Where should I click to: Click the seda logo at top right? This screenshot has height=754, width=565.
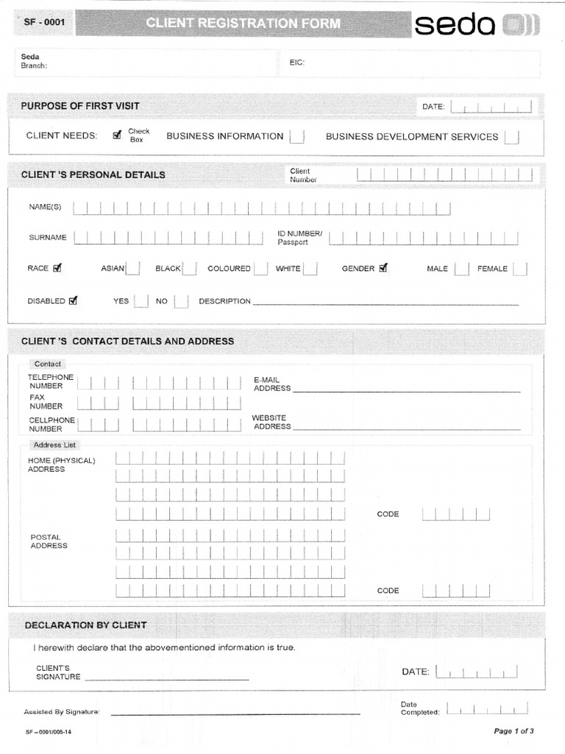477,26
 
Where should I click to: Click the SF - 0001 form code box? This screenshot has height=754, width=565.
45,22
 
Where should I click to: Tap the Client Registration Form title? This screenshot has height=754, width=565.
243,24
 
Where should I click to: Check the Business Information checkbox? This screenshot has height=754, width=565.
296,137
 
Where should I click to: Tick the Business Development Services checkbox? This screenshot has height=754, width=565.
511,137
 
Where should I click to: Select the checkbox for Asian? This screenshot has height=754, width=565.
133,269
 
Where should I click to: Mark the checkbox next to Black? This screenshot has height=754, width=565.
189,269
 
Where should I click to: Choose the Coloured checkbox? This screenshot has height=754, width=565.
260,269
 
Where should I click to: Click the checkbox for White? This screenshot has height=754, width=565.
310,269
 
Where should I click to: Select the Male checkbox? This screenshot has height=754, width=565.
461,269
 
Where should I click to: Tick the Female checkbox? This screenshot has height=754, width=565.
520,269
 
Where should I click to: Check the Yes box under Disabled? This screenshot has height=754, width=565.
141,301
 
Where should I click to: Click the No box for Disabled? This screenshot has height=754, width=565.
181,301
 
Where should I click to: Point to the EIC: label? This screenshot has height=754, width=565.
296,63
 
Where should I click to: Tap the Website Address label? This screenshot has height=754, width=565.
271,422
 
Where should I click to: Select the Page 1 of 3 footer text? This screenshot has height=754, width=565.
514,731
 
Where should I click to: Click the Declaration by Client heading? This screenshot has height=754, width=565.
85,625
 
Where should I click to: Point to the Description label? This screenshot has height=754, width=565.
224,301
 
